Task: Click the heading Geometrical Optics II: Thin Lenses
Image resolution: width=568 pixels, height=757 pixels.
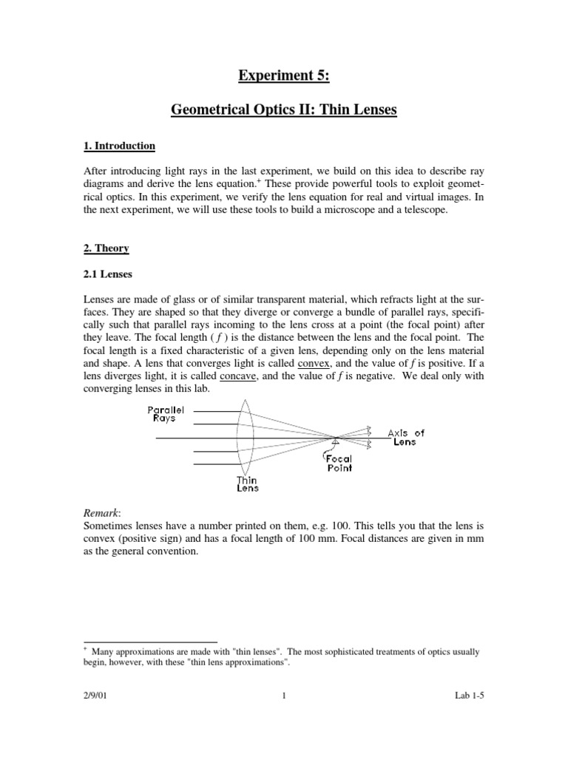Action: (x=285, y=110)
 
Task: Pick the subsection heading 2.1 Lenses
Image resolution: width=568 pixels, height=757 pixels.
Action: (x=108, y=274)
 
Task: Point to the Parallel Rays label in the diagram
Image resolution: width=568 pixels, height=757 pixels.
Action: (x=161, y=413)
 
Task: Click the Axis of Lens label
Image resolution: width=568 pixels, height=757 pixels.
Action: (x=406, y=437)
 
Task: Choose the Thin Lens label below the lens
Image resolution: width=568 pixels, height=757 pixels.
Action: (x=247, y=483)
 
